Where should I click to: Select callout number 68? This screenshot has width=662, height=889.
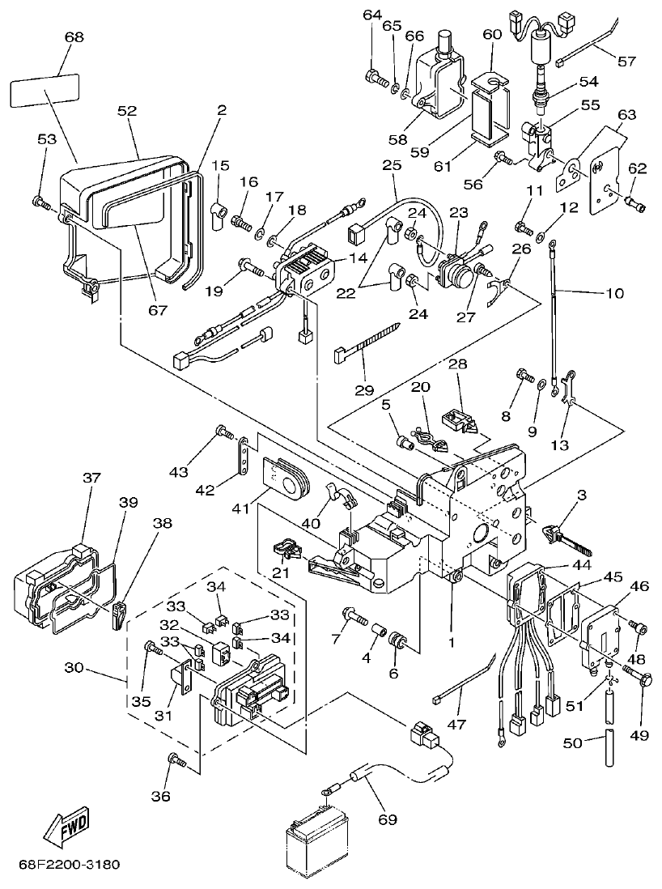point(74,38)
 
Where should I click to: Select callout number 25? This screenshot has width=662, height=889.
point(392,165)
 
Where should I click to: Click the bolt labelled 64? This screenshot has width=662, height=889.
point(374,78)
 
